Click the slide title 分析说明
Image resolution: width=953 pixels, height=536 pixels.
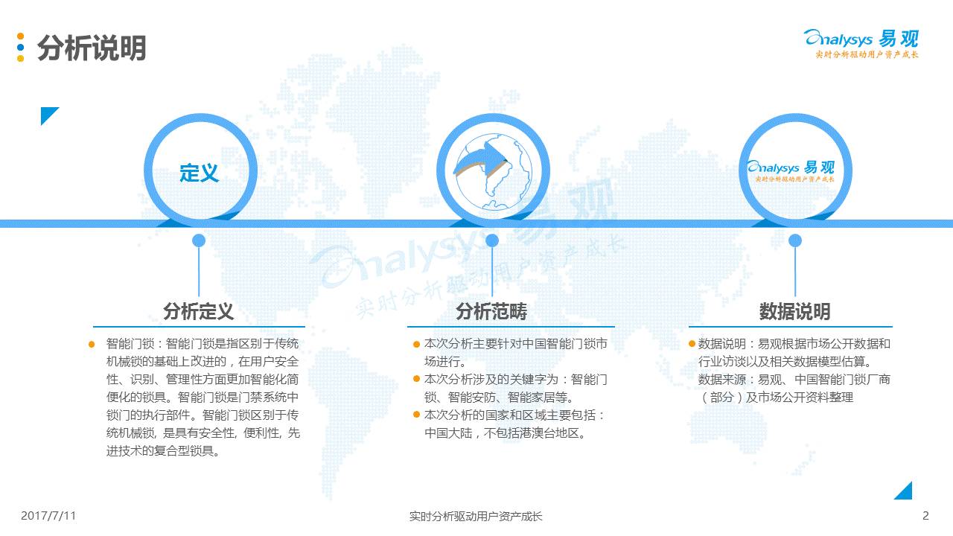point(92,48)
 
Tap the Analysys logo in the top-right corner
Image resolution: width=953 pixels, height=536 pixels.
point(861,43)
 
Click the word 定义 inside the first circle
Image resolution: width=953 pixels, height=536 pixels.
point(199,173)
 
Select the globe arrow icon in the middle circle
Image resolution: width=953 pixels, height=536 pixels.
point(493,171)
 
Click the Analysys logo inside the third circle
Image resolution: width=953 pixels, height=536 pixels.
point(791,171)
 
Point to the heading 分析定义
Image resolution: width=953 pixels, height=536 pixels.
point(199,311)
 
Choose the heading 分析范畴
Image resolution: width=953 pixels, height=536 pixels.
point(491,311)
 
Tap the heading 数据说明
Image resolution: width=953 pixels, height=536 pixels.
point(794,311)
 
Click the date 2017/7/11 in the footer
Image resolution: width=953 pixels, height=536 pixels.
point(48,516)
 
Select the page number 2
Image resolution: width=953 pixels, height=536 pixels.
point(925,516)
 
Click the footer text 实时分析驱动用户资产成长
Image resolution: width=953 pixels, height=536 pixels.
point(476,517)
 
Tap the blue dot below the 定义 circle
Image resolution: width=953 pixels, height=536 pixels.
point(199,240)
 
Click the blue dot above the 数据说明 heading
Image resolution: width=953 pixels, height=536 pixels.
point(794,240)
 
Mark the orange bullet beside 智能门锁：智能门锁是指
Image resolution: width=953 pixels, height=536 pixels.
point(92,344)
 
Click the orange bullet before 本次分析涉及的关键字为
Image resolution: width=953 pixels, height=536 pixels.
point(416,380)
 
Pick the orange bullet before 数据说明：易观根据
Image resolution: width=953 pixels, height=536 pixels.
point(692,344)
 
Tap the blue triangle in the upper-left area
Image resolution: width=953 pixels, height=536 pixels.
point(47,113)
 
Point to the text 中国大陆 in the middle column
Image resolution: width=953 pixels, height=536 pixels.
point(448,433)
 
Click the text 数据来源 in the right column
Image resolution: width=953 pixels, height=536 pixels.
point(722,380)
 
